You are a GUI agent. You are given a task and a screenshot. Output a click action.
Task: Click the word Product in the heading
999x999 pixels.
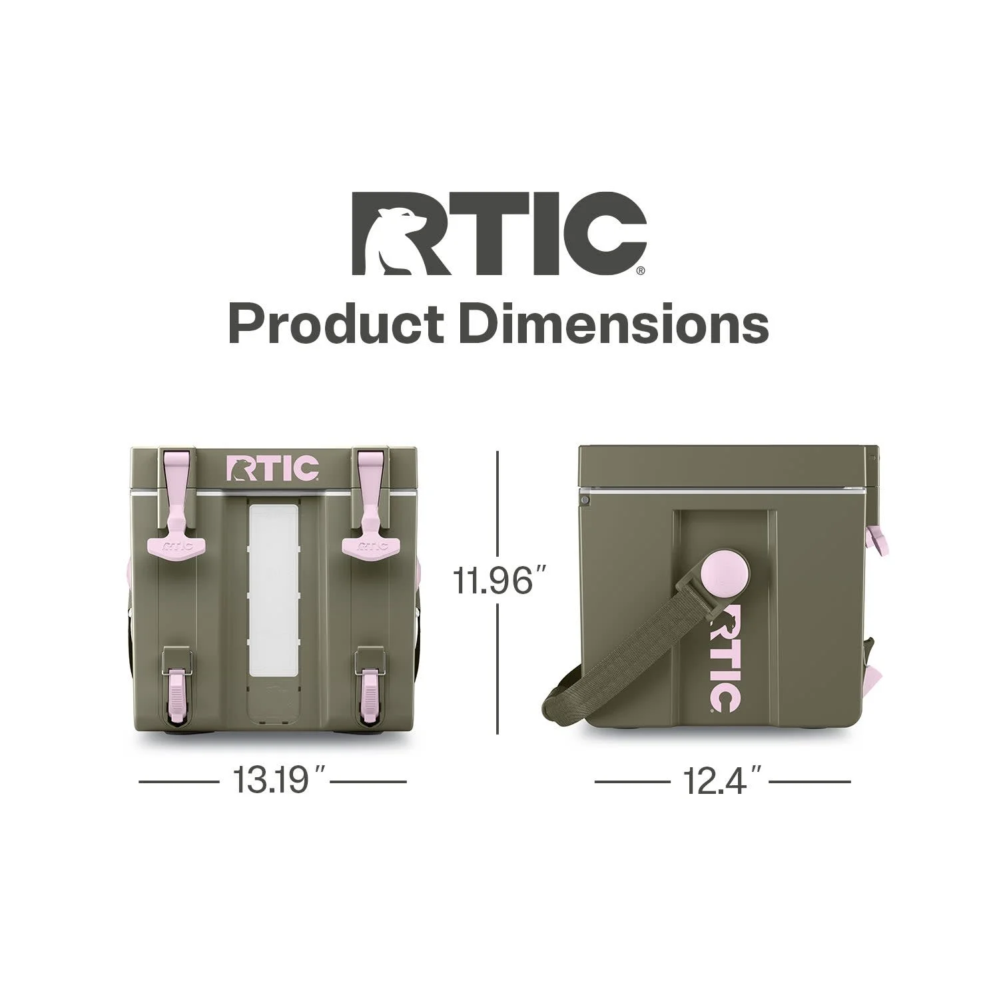click(336, 326)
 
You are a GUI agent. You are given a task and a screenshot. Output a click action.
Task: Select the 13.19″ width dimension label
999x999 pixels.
click(272, 781)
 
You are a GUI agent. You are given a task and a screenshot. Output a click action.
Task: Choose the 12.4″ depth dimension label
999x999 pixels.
click(722, 781)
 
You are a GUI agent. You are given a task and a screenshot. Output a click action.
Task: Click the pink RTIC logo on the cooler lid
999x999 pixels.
click(273, 468)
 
